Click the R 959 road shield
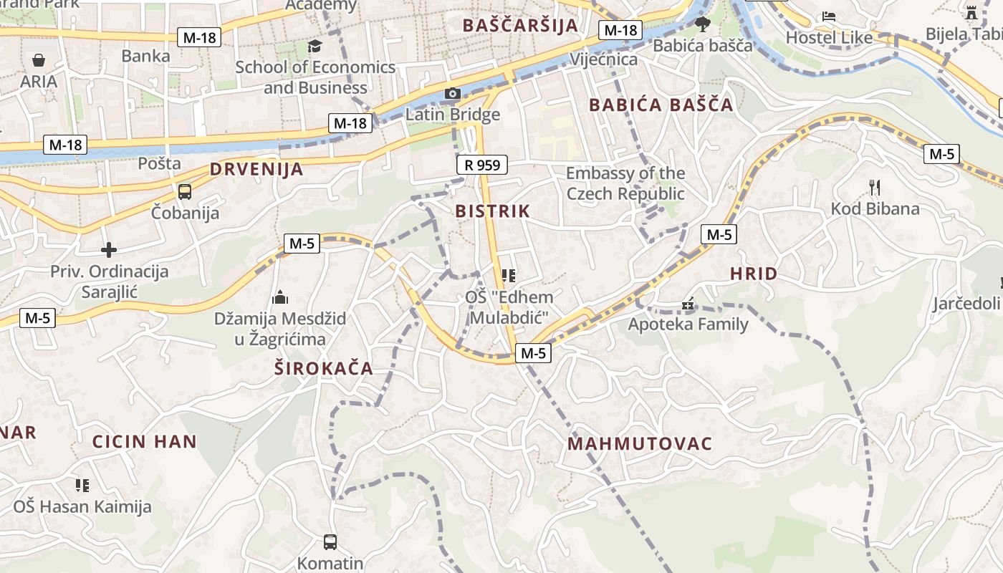coord(482,165)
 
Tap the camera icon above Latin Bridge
coord(452,93)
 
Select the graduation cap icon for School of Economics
coord(315,47)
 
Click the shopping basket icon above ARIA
coord(39,60)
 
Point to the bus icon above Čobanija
coord(185,191)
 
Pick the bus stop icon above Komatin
coord(330,542)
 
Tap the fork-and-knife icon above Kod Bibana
coord(874,188)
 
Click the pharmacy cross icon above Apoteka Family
coord(688,305)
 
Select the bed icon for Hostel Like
coord(829,16)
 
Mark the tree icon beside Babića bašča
coord(703,24)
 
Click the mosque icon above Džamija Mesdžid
coord(280,297)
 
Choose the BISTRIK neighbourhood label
coord(493,211)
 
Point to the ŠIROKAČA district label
coord(325,369)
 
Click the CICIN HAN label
coord(145,441)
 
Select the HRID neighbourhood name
coord(754,274)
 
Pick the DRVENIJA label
coord(256,170)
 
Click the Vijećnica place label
coord(603,59)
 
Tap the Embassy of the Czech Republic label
coord(625,183)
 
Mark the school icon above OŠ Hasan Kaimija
coord(82,486)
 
